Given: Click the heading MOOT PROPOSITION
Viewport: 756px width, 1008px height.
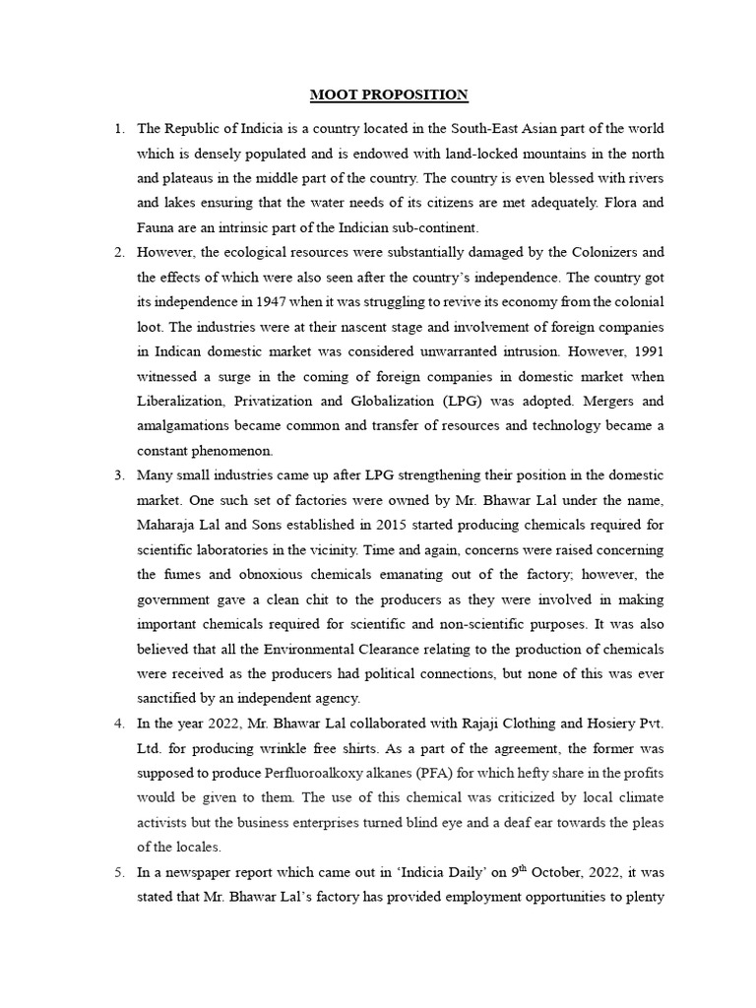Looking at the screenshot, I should (x=389, y=94).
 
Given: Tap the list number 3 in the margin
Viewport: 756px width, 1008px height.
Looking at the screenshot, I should (x=118, y=475).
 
